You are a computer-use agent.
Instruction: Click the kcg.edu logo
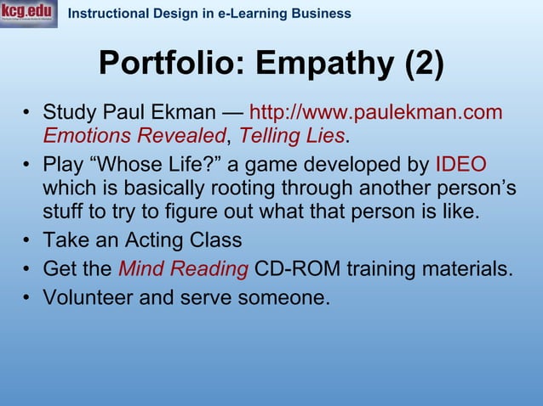tap(29, 14)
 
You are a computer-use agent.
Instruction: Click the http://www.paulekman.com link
tap(375, 113)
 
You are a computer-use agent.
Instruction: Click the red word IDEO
tap(460, 164)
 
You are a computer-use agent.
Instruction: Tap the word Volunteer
tap(89, 299)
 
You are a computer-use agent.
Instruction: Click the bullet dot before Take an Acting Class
tap(27, 240)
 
